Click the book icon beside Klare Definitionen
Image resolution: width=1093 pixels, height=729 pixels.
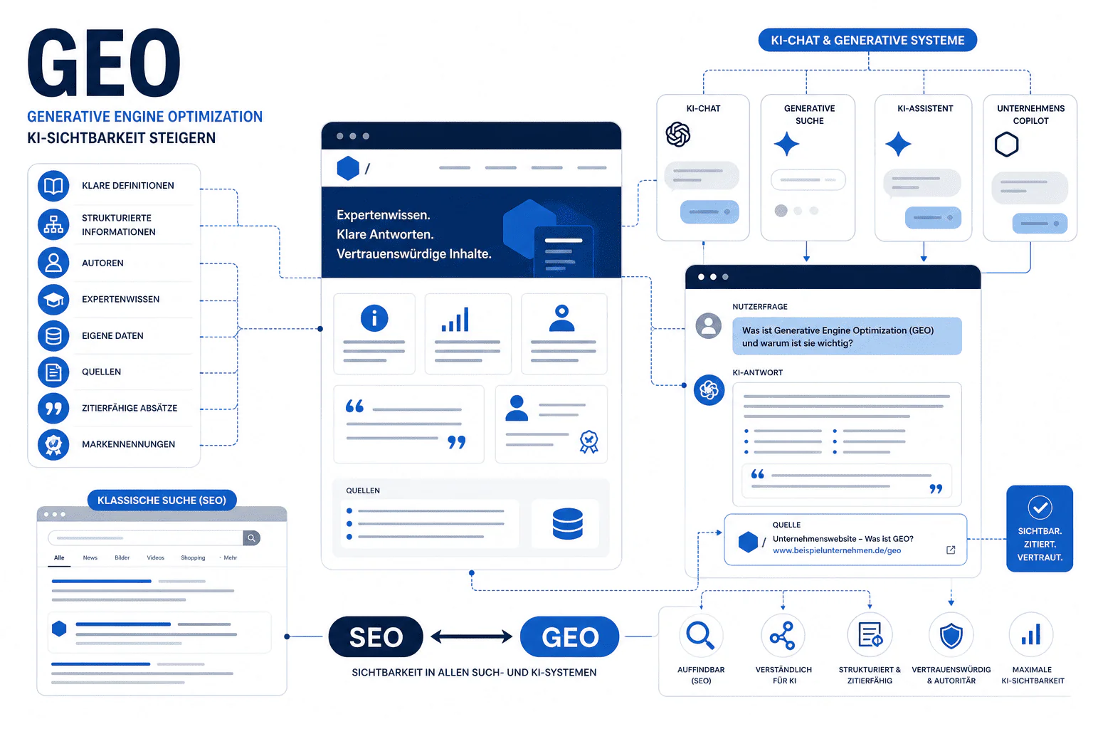pos(53,186)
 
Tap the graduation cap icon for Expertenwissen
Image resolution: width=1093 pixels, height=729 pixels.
pos(53,299)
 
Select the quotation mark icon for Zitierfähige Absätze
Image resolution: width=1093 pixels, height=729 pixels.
pos(53,408)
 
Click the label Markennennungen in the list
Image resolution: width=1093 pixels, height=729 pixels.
pos(128,444)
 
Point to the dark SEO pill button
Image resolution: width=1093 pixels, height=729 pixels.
pos(376,636)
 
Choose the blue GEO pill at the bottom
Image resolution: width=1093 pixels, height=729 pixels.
pos(570,636)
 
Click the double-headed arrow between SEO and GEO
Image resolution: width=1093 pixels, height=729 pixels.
pos(471,636)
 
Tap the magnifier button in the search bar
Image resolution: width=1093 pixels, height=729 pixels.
pos(251,538)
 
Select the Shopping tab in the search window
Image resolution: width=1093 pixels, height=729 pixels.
pos(193,557)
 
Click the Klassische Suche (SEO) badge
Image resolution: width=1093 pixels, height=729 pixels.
pos(162,500)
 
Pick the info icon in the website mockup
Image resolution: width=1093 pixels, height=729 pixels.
pos(374,318)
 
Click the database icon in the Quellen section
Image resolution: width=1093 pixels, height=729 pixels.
pos(567,524)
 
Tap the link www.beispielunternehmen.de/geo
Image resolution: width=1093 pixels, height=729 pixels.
pos(837,550)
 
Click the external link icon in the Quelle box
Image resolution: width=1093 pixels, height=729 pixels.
pos(951,550)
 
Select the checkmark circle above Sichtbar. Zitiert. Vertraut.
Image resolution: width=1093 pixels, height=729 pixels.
pos(1040,508)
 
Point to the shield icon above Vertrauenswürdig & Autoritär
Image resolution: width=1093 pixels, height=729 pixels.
pos(951,636)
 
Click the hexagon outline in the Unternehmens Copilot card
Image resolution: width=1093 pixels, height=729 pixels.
pos(1006,145)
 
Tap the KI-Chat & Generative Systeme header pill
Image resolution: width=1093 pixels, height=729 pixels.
pos(867,40)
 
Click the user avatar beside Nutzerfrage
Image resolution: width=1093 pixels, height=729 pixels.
pos(709,325)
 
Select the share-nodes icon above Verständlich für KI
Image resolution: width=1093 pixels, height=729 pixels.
pos(783,635)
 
